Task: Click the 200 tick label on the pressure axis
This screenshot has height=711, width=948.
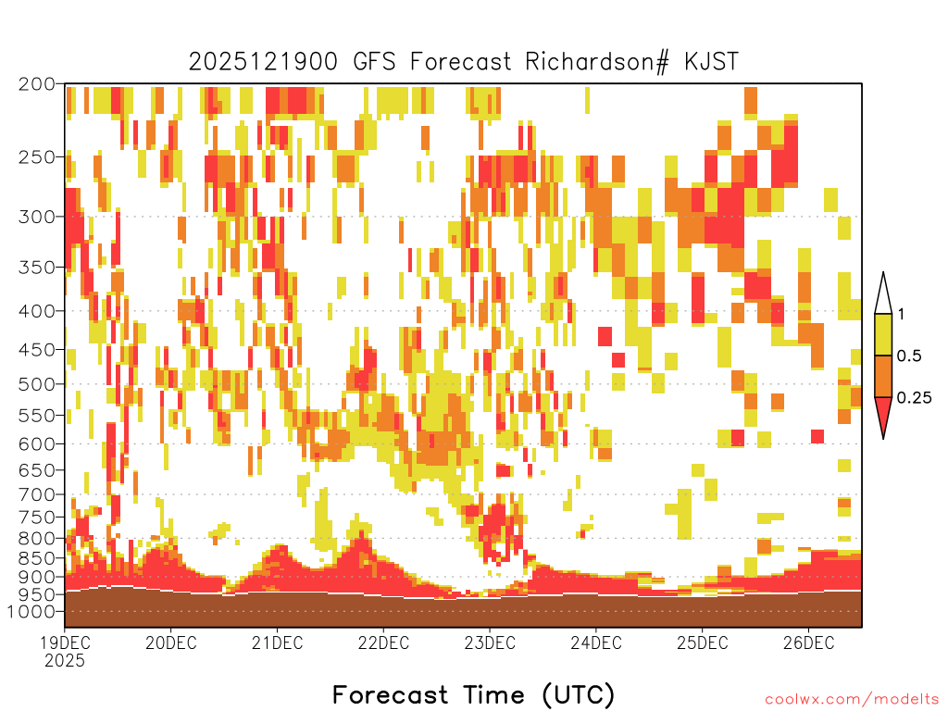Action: (37, 84)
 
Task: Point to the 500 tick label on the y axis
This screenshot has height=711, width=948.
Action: (37, 384)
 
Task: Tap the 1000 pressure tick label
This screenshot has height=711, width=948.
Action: (31, 612)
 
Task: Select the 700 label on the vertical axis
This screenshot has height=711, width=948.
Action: (37, 494)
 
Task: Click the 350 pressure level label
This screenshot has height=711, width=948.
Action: (37, 268)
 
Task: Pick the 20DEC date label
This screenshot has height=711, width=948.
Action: (171, 642)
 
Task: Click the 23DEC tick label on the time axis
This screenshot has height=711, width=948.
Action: (490, 642)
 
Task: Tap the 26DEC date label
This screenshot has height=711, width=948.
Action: (808, 642)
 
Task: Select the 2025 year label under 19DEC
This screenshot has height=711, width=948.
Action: (65, 661)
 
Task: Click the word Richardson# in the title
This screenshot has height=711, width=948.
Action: (597, 62)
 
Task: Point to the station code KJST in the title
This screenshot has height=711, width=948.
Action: (712, 62)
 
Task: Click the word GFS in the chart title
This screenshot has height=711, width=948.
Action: (374, 62)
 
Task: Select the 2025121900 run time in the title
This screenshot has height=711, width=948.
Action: (263, 62)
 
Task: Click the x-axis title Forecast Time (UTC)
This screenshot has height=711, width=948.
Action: (473, 695)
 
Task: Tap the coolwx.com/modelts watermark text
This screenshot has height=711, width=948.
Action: (852, 700)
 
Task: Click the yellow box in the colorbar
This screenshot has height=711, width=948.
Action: (883, 334)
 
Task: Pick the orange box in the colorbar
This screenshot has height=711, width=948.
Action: (883, 376)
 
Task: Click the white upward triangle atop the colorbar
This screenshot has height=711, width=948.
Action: (883, 297)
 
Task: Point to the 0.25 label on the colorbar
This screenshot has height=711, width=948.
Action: (914, 398)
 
